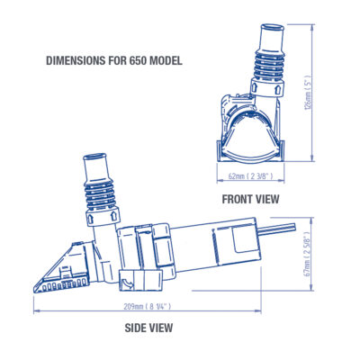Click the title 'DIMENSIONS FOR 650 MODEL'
114,61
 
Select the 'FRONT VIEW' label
250,199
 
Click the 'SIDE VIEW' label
148,328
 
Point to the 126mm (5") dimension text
308,93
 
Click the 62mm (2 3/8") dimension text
251,176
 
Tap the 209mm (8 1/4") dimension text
148,307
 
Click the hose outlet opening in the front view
272,28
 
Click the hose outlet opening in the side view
94,157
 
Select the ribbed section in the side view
100,194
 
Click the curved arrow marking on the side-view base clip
127,283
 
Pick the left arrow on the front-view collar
255,88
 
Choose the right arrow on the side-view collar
114,217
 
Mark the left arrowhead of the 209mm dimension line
36,311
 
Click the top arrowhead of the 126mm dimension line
313,26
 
